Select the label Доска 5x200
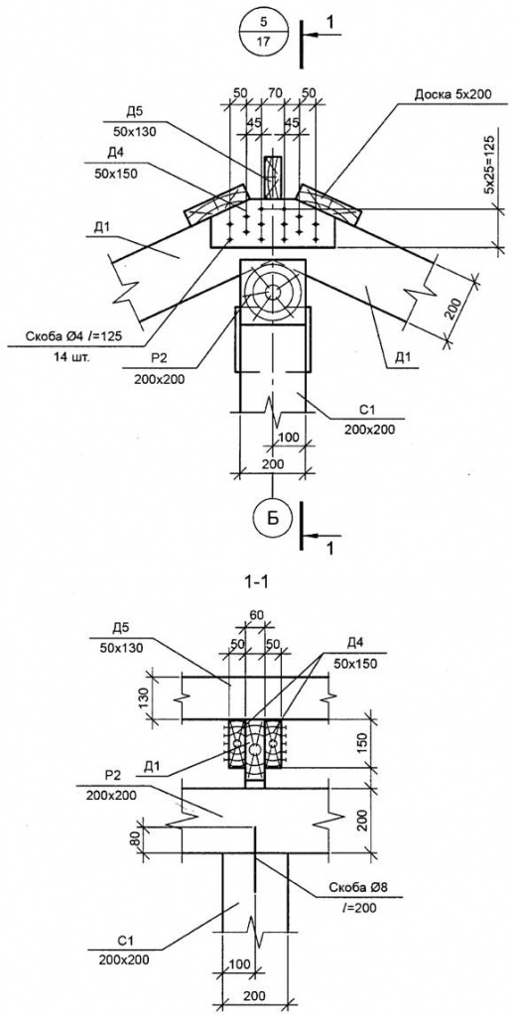tap(452, 94)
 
